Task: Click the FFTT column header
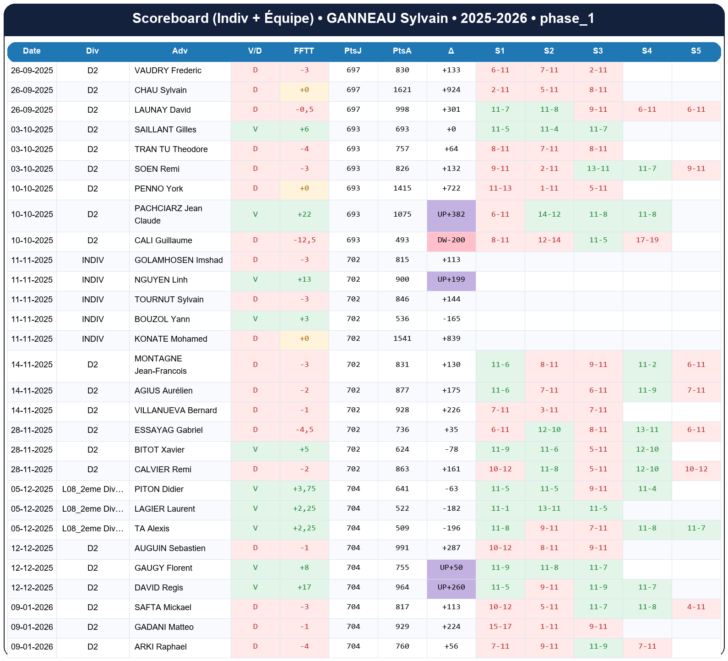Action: coord(304,51)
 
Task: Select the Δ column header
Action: coord(451,51)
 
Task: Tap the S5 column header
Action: coord(695,51)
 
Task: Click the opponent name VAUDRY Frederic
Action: coord(168,71)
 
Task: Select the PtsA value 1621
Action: coord(402,90)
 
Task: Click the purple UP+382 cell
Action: coord(451,214)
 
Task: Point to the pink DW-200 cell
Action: coord(451,240)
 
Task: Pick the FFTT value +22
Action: coord(304,214)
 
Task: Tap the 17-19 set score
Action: coord(647,240)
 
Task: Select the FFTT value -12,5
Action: coord(304,240)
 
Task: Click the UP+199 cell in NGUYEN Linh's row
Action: coord(451,279)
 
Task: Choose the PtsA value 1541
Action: coord(402,339)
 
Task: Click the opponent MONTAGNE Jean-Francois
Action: coord(160,365)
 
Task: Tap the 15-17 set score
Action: coord(500,627)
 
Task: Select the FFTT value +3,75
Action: coord(304,489)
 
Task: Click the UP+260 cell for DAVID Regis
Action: coord(451,587)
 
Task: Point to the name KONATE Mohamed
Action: coord(171,339)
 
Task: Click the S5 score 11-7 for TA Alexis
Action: coord(696,528)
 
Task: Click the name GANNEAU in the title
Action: coord(361,18)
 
